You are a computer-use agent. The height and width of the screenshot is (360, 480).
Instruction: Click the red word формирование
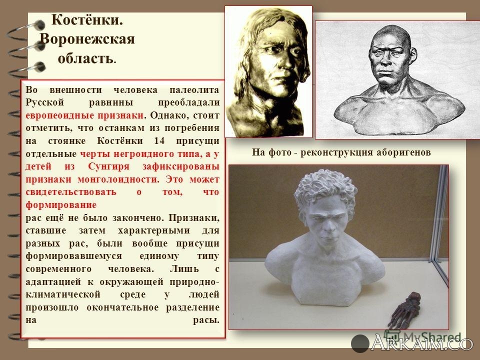coord(60,204)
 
